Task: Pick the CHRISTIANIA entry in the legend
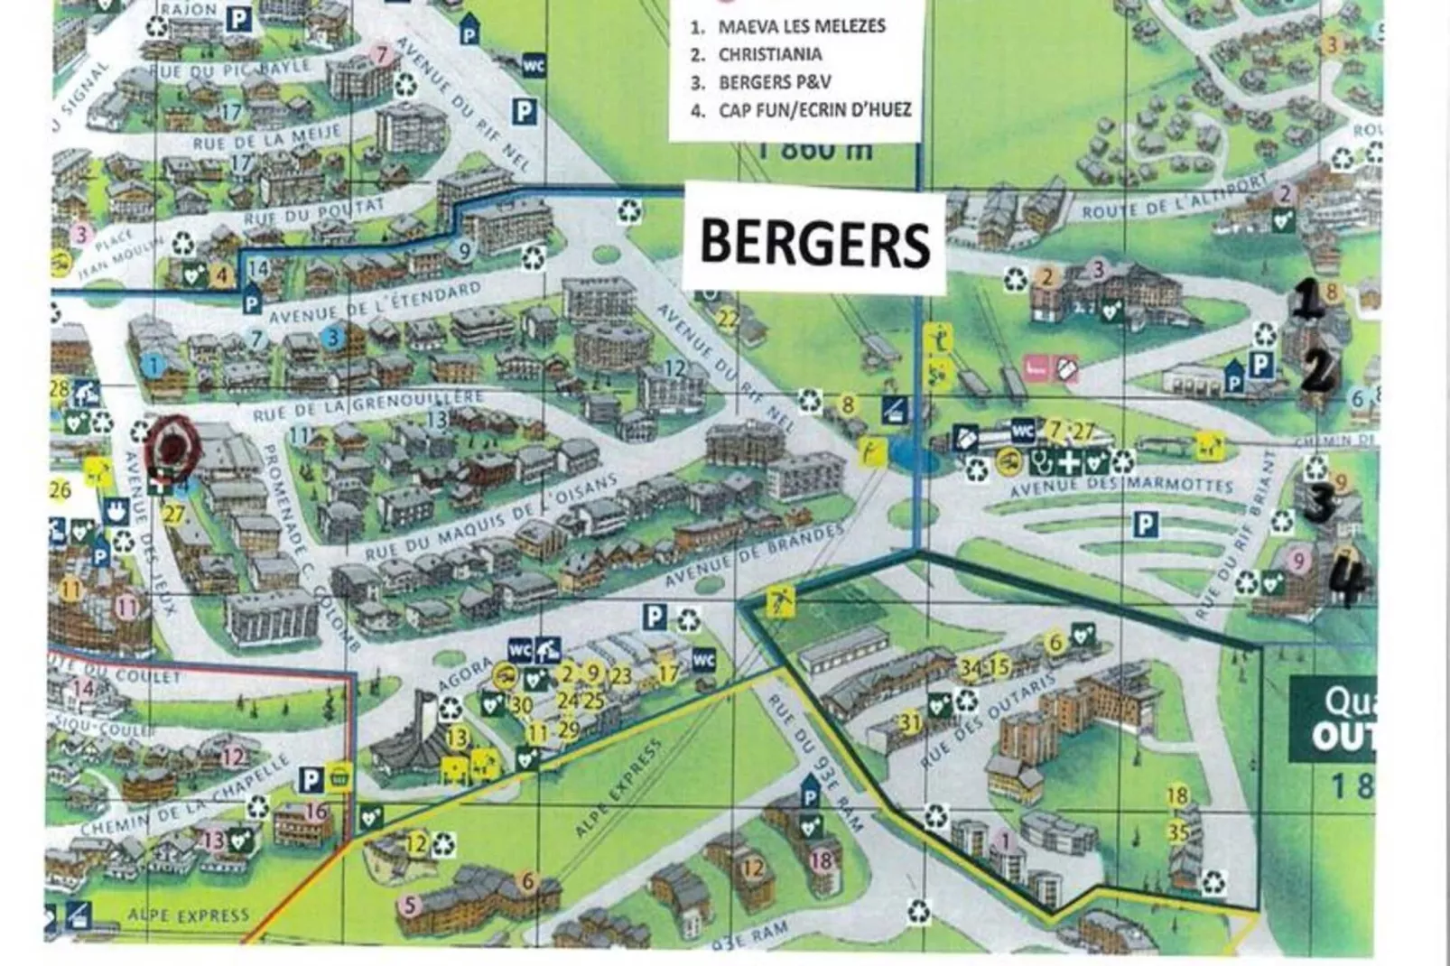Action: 769,54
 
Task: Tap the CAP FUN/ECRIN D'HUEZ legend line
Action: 814,110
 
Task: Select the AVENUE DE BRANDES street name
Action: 754,555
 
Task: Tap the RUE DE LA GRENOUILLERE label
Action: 367,405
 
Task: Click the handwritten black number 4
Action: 1351,581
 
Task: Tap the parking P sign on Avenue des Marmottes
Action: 1145,524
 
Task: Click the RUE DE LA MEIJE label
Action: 266,138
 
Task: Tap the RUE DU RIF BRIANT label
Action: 1233,551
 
